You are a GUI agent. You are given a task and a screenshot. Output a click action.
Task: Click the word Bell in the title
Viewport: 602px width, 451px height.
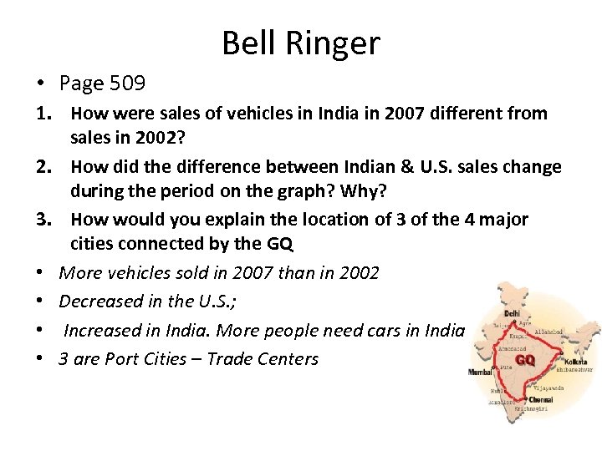pos(246,43)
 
